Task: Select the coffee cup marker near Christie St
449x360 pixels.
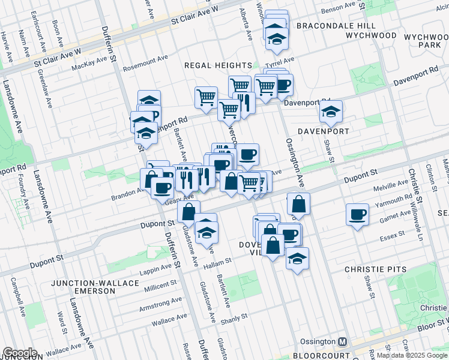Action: click(358, 215)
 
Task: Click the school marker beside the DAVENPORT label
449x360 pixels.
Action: click(330, 111)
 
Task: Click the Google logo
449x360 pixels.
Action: click(19, 353)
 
